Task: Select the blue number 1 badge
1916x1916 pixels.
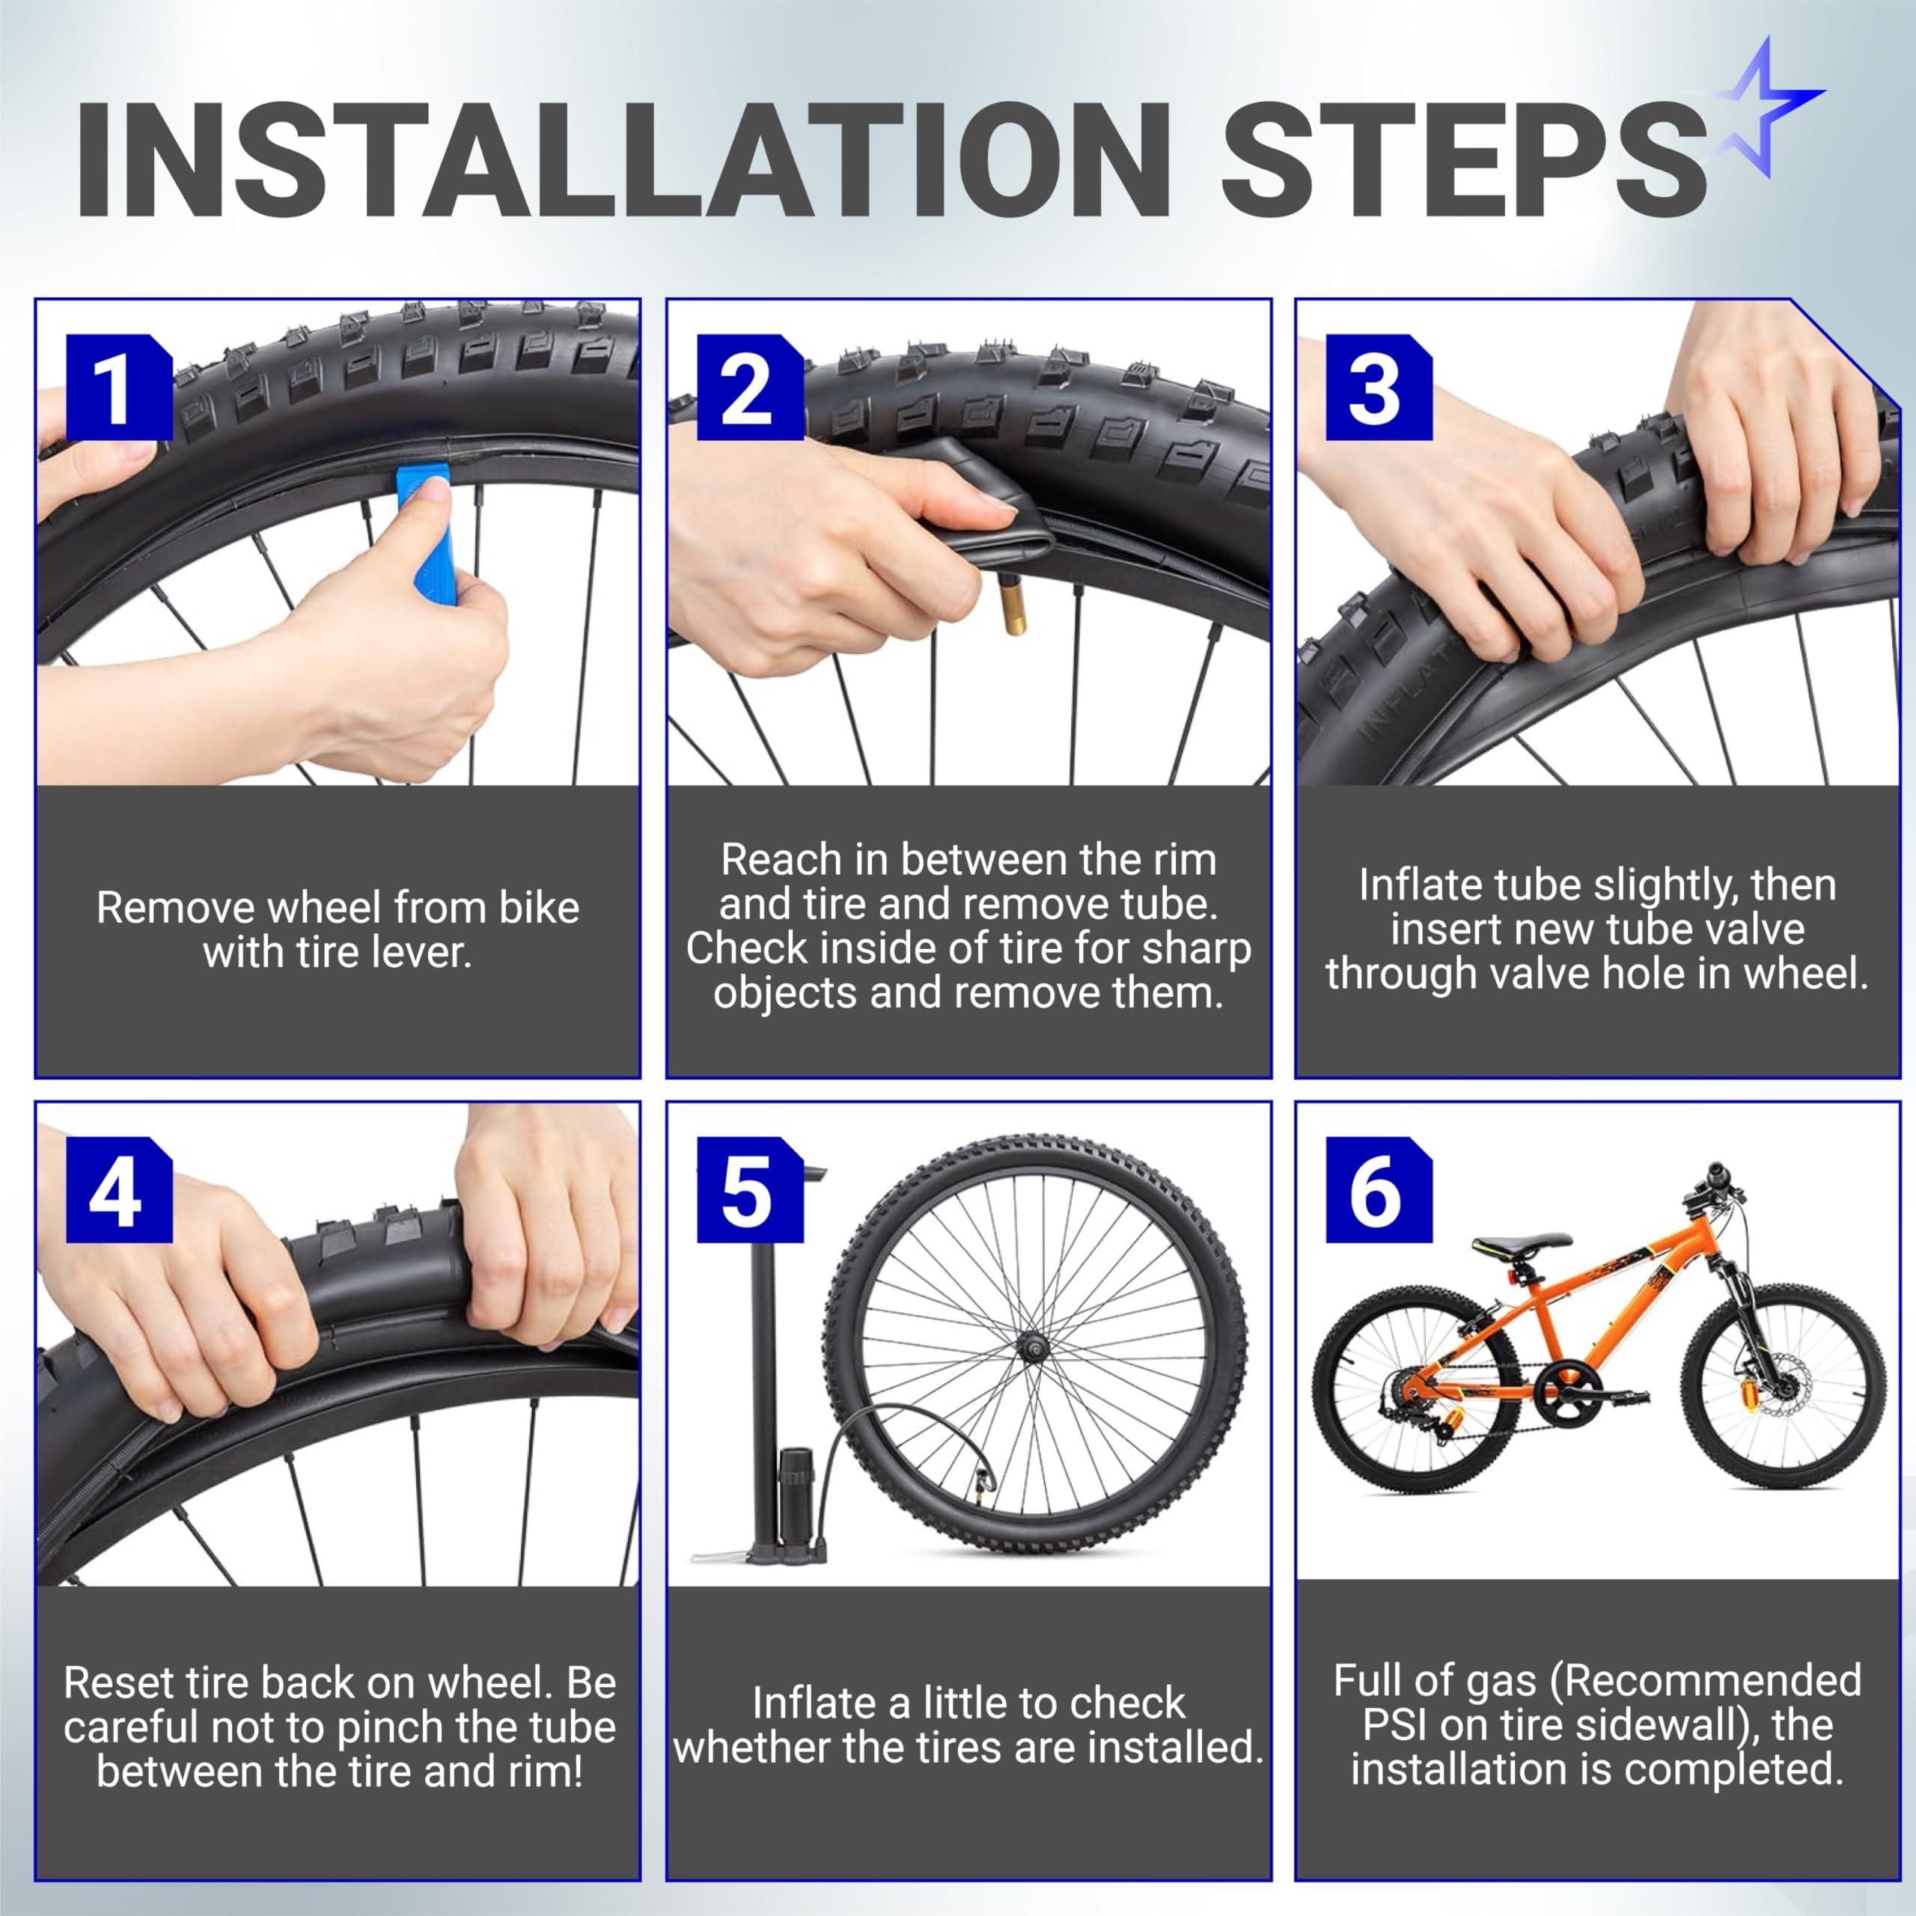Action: click(119, 388)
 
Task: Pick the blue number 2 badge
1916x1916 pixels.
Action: click(750, 388)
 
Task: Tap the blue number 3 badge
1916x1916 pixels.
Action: click(1379, 388)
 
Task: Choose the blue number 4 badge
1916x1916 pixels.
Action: click(119, 1190)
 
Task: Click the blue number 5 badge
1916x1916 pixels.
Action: click(750, 1190)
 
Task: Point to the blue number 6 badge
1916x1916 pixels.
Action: click(1379, 1190)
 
